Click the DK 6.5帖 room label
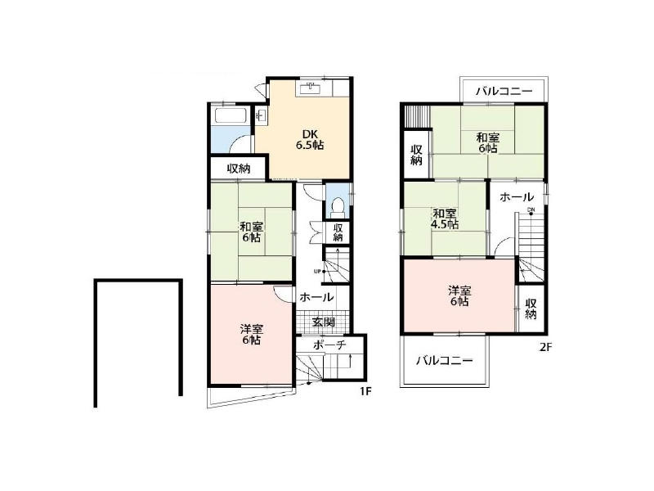[x=310, y=140]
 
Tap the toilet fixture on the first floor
[x=337, y=207]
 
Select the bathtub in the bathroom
[x=231, y=115]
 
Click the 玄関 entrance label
[x=324, y=322]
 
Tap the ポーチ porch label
[x=329, y=345]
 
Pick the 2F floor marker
[x=545, y=347]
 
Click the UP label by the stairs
[x=317, y=272]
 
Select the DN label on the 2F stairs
[x=531, y=209]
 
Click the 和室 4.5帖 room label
[x=445, y=218]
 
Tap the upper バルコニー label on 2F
[x=504, y=91]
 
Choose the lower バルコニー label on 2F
[x=444, y=360]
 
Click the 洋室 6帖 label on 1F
[x=252, y=334]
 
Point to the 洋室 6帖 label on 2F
[x=459, y=295]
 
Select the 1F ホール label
[x=316, y=297]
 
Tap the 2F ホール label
[x=517, y=196]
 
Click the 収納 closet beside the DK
[x=239, y=169]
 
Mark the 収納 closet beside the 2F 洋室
[x=531, y=309]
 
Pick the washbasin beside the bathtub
[x=261, y=115]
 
